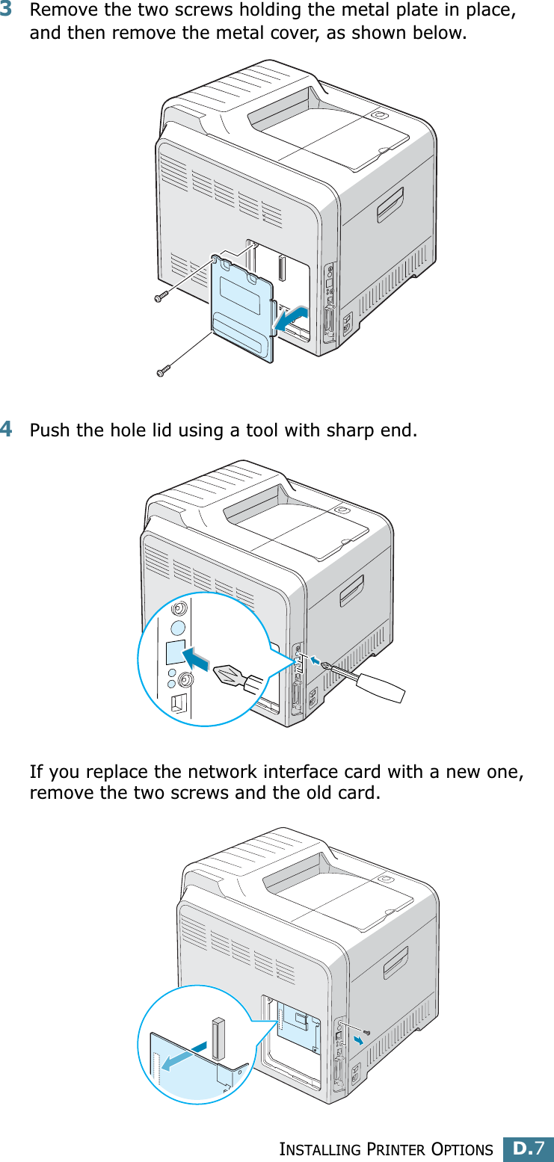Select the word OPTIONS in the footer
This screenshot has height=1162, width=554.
[x=461, y=1149]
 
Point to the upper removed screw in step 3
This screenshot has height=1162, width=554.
[x=159, y=297]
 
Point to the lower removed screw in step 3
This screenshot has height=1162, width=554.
[x=163, y=369]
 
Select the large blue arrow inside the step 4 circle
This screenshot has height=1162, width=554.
[x=200, y=659]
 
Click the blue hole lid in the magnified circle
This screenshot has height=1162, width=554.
[x=175, y=652]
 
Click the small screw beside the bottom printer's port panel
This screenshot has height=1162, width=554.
[x=366, y=1032]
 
